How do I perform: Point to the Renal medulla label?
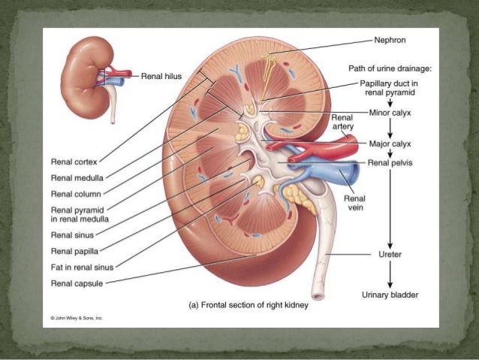pyautogui.click(x=77, y=177)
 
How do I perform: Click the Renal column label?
pyautogui.click(x=75, y=194)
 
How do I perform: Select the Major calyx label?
pyautogui.click(x=390, y=142)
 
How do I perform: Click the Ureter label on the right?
pyautogui.click(x=390, y=255)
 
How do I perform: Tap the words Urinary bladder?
pyautogui.click(x=390, y=294)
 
